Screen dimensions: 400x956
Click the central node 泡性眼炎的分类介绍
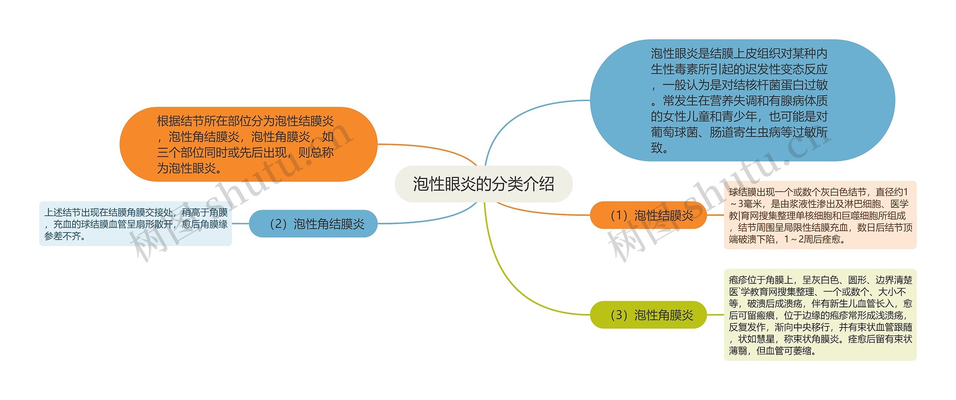point(483,184)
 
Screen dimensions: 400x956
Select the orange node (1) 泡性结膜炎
point(648,215)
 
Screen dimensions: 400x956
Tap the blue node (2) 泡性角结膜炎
point(313,224)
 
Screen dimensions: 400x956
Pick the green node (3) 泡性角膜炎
point(648,315)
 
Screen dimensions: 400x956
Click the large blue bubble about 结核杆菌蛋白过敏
point(742,100)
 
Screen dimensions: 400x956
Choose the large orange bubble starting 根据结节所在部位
point(248,144)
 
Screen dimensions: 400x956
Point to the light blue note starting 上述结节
point(135,224)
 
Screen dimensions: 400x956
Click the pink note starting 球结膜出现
point(820,215)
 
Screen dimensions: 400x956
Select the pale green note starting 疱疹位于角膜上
point(820,315)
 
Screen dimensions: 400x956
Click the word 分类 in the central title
point(507,184)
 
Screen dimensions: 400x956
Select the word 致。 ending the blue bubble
point(659,148)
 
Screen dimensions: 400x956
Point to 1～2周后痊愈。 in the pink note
point(814,239)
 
